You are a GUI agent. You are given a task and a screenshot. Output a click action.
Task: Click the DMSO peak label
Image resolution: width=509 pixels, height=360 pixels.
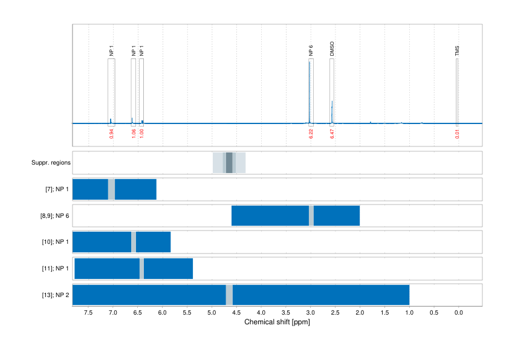332,50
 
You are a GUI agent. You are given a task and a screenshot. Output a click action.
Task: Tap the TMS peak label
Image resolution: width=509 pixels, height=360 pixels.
457,51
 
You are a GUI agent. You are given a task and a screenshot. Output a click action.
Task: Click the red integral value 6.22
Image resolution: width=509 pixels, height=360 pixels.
311,134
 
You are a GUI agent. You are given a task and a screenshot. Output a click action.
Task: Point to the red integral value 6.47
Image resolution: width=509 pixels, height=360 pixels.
332,134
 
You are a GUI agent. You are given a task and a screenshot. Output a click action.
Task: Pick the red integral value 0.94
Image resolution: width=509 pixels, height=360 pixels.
111,134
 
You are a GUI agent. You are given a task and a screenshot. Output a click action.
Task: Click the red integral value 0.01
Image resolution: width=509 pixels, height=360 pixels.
457,134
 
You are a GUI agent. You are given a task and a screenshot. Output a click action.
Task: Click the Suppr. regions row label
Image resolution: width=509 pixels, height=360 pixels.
51,163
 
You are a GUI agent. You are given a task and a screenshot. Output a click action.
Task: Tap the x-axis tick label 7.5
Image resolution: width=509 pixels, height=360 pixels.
88,313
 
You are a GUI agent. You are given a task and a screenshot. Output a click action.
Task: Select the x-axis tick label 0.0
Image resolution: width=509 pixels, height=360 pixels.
458,313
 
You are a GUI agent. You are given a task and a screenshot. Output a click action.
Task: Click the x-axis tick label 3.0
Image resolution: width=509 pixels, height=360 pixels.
310,313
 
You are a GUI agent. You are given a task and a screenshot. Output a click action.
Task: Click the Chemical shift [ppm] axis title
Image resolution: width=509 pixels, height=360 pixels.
277,322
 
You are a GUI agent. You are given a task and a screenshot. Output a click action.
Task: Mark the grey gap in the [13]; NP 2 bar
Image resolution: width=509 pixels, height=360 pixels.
229,295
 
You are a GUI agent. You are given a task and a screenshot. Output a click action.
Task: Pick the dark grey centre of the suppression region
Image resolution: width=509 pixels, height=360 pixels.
229,163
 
